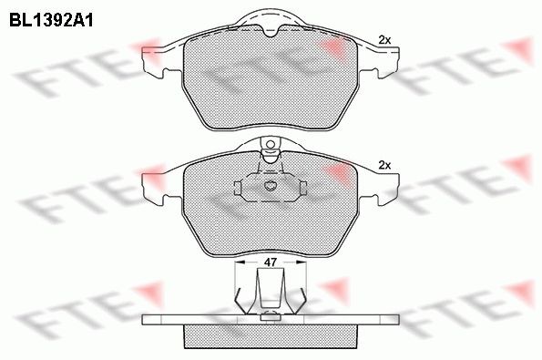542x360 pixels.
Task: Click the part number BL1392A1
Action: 51,20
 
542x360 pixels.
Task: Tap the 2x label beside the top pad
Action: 384,40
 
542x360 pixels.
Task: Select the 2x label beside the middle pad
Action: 384,165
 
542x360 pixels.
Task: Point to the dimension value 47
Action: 271,262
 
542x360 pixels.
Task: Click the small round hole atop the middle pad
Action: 271,144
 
